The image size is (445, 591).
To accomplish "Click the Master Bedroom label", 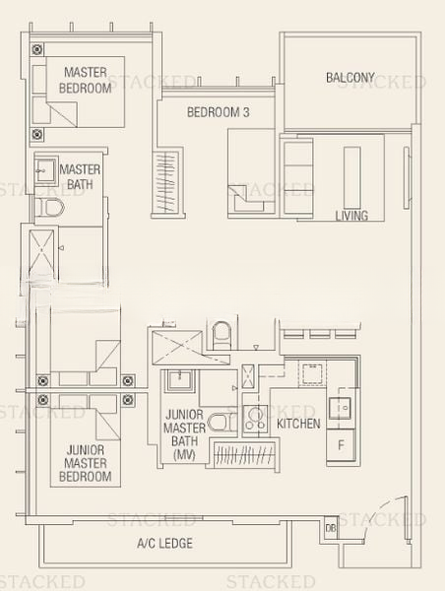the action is click(x=85, y=80).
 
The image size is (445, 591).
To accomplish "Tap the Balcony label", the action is click(x=350, y=78).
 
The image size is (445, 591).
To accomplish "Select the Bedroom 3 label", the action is click(x=219, y=112).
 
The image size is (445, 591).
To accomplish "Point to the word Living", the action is click(x=351, y=216).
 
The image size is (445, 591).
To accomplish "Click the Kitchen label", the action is click(x=298, y=424).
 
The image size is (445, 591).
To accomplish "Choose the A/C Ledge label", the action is click(x=165, y=543).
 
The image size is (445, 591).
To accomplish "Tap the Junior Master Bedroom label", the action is click(x=86, y=463).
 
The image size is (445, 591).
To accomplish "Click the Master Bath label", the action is click(x=80, y=176).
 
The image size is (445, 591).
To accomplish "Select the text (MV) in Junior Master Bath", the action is click(x=184, y=455).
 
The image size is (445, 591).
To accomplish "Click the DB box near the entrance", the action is click(x=331, y=528).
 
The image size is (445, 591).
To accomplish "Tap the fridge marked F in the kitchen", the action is click(x=341, y=445).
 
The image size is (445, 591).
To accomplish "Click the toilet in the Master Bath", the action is click(x=49, y=207).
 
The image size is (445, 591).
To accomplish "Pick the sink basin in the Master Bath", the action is click(x=46, y=170).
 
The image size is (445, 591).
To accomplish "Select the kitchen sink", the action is click(x=340, y=408).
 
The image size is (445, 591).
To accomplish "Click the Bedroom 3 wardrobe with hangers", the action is click(x=167, y=182).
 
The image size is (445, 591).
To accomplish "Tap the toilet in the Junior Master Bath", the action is click(x=222, y=422).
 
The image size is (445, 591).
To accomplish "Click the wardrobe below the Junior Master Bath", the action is click(x=244, y=454).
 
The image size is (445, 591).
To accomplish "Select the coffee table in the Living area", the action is click(x=351, y=177).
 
